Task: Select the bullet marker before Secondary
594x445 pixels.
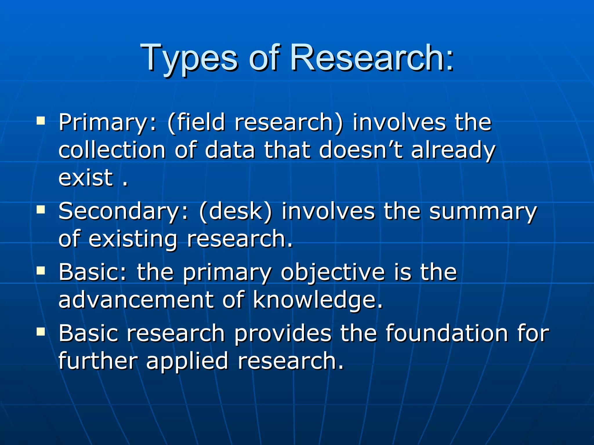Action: (x=41, y=209)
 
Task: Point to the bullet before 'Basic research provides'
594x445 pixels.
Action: (x=41, y=331)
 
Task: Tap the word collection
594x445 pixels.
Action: (x=112, y=150)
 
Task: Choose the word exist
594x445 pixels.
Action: (x=86, y=177)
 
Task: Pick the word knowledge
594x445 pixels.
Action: (x=318, y=300)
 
